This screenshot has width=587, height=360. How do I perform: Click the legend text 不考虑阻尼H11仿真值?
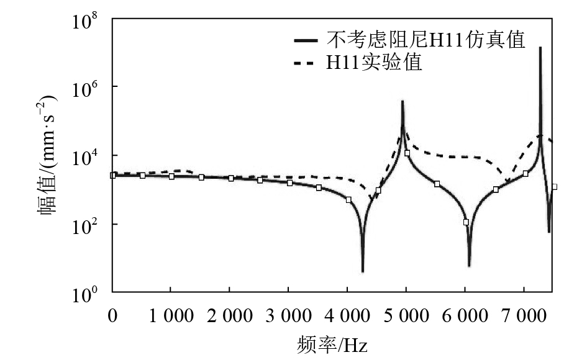[426, 41]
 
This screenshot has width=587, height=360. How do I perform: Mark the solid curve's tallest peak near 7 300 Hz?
[540, 48]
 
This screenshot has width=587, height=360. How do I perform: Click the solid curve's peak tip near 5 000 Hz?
[403, 101]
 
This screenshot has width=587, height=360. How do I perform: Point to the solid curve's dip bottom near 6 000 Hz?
[469, 266]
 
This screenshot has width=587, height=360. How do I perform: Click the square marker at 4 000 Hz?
[348, 200]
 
